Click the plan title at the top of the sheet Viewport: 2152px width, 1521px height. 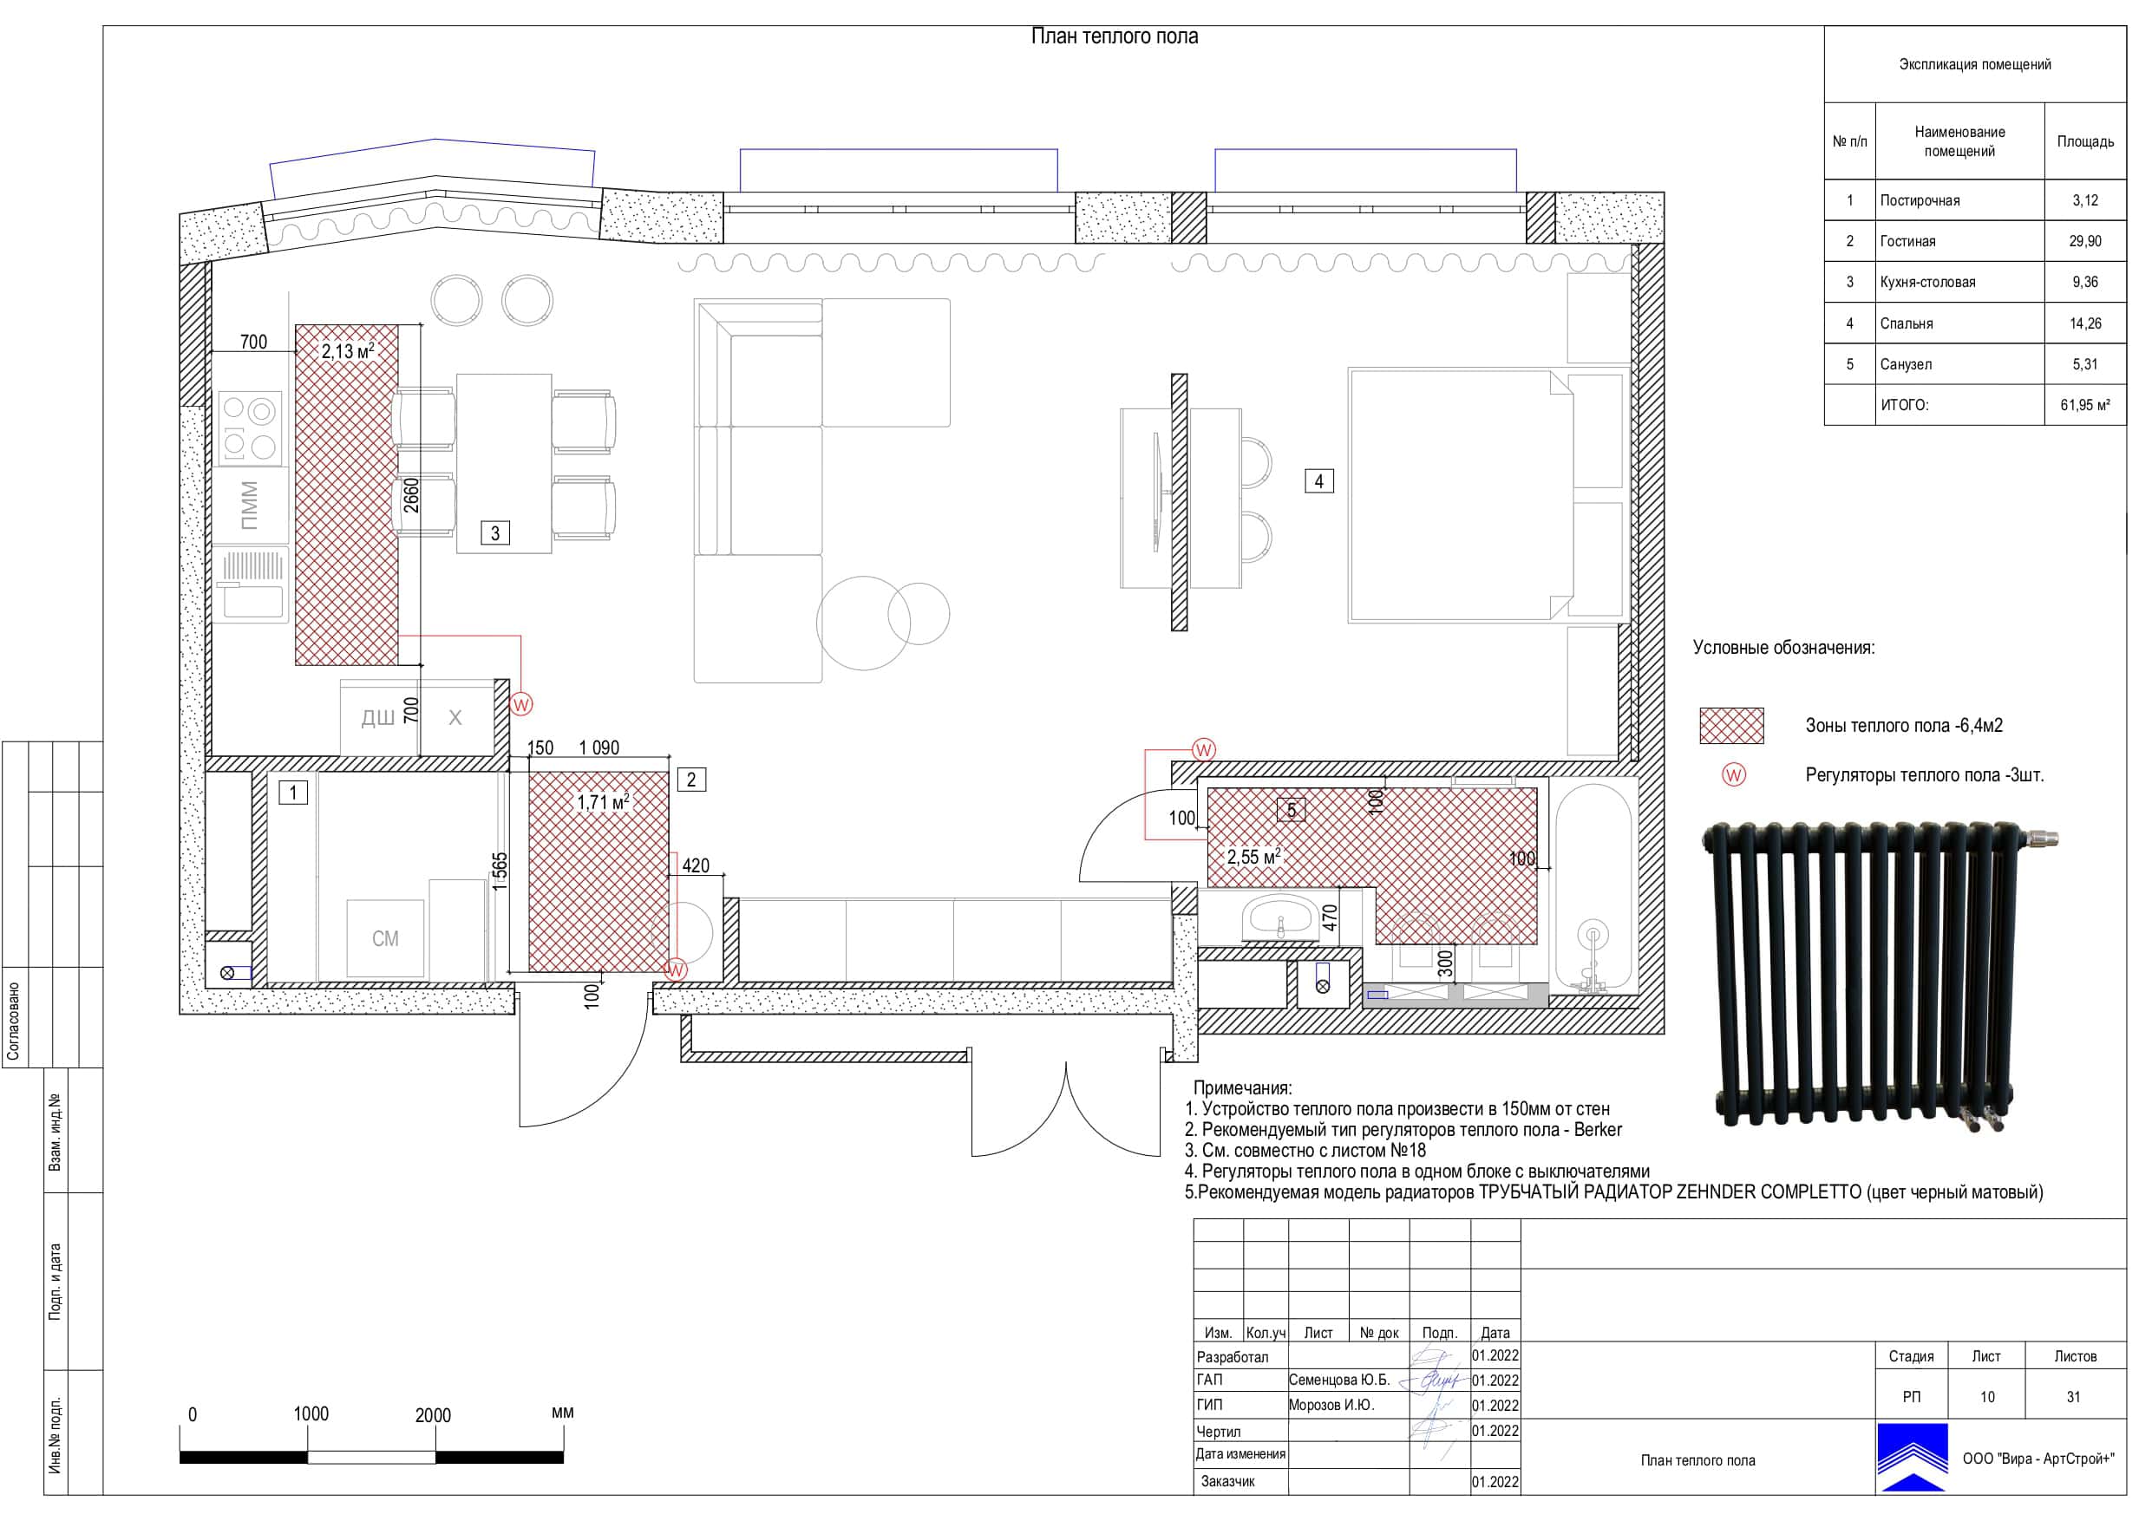point(1115,36)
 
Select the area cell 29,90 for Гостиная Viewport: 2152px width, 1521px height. point(2084,242)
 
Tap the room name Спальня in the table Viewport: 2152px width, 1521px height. point(1907,323)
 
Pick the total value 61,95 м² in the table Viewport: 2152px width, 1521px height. point(2084,406)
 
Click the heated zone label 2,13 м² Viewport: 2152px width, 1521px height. point(348,351)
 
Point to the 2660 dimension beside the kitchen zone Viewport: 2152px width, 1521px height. point(411,496)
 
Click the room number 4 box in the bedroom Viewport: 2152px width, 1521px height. point(1318,481)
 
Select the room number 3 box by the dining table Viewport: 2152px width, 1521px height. point(496,533)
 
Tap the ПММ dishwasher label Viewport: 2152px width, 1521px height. point(248,506)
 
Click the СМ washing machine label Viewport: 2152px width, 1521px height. point(385,939)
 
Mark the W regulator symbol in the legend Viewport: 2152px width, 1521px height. point(1734,775)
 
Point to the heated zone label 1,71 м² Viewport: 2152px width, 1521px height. point(603,803)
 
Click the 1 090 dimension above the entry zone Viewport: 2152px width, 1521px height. point(599,747)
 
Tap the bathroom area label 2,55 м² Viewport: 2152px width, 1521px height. point(1253,857)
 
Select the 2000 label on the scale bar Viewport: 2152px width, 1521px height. point(433,1415)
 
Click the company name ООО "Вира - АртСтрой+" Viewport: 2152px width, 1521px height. point(2038,1459)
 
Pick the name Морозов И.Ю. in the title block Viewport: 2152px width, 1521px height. point(1331,1405)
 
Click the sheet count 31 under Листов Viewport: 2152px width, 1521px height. point(2073,1397)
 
